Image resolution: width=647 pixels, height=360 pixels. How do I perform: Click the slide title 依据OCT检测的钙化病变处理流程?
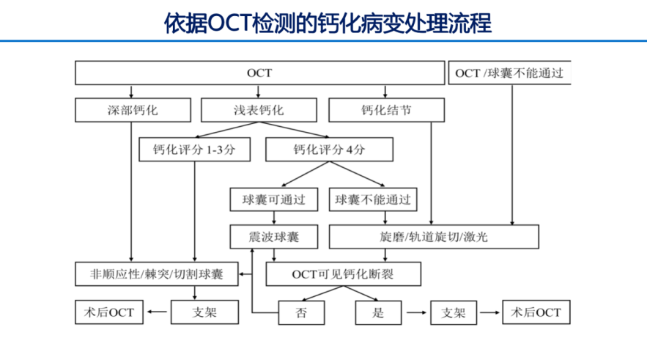tap(328, 23)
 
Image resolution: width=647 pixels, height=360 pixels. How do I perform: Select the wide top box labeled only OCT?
tap(259, 73)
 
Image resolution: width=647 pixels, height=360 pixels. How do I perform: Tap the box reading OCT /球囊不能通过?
tap(509, 73)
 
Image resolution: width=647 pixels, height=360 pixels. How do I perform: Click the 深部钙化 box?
tap(133, 110)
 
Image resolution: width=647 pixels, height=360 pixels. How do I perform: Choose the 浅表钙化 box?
tap(259, 110)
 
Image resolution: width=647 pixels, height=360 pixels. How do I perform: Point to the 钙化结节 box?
tap(387, 110)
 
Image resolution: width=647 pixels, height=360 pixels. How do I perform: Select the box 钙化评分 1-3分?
tap(194, 150)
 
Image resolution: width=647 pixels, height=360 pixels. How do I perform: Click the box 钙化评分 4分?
tap(329, 150)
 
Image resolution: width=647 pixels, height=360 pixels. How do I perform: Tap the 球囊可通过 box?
tap(274, 200)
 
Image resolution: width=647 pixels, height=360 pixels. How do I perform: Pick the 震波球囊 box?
tap(274, 237)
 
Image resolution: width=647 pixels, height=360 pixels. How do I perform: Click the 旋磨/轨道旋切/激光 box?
tap(434, 237)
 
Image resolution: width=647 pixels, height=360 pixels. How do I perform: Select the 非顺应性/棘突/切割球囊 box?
tap(157, 274)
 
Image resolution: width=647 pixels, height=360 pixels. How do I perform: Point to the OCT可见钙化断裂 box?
tap(344, 274)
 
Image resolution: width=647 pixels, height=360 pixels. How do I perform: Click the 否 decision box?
tap(301, 312)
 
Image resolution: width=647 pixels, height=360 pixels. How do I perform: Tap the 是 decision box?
tap(378, 312)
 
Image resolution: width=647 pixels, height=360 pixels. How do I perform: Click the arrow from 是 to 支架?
tap(416, 312)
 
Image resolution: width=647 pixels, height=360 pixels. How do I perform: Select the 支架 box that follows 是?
tap(454, 312)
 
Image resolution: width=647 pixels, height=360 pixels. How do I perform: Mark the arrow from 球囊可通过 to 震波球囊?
tap(274, 218)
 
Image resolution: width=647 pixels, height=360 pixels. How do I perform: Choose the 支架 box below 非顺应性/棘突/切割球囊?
tap(204, 312)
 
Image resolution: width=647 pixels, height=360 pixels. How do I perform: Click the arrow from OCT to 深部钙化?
tap(131, 92)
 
